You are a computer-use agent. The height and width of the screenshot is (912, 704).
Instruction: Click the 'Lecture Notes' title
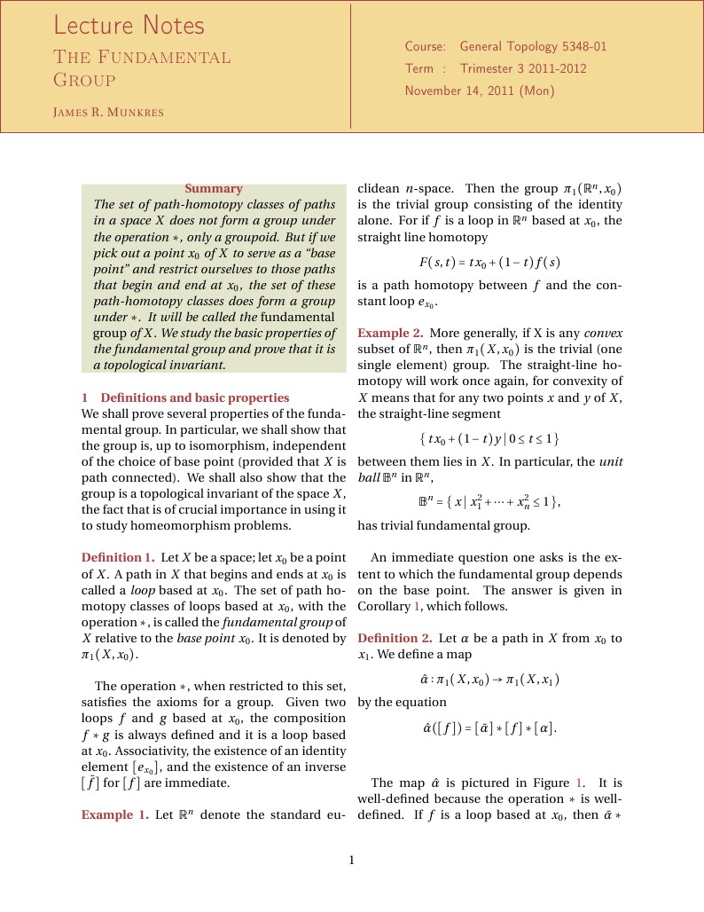pos(129,25)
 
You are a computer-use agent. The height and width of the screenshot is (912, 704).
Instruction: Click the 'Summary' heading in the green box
pos(213,188)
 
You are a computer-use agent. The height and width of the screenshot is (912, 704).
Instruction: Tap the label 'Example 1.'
pos(114,814)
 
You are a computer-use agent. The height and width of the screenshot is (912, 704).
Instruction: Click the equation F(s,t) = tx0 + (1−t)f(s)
pos(489,263)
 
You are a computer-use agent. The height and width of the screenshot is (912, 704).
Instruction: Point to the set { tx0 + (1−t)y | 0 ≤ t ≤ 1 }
pos(489,438)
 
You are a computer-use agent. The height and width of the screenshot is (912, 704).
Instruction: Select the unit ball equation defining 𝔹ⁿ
pos(489,501)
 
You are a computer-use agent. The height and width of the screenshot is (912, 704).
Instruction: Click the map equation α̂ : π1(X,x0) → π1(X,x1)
pos(489,680)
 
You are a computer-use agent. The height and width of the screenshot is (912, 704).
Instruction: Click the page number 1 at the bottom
pos(352,860)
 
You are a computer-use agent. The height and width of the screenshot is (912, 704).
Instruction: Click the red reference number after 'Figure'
pos(580,782)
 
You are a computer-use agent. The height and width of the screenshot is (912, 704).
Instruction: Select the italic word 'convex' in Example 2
pos(603,334)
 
